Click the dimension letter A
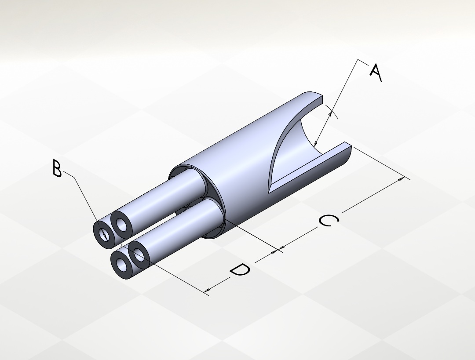tap(376, 73)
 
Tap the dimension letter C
tap(329, 220)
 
